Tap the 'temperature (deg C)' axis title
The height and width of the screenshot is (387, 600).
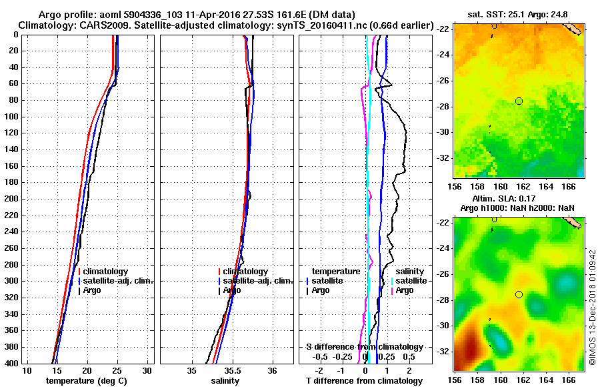click(x=87, y=381)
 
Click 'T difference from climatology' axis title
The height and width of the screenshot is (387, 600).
click(x=364, y=381)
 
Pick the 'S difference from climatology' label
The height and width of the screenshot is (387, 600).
click(x=364, y=347)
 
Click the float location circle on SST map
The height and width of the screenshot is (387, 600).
click(x=519, y=101)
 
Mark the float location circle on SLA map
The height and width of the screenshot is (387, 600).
click(x=519, y=294)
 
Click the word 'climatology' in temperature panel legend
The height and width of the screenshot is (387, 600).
click(x=105, y=272)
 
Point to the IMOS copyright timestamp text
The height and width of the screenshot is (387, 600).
click(x=592, y=306)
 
